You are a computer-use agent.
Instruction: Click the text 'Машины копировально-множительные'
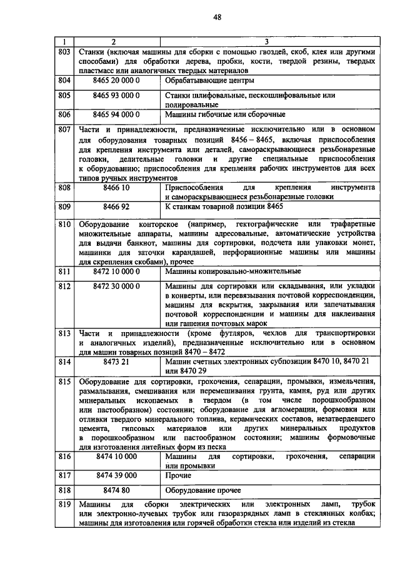click(x=232, y=271)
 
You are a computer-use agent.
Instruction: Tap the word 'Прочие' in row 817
click(x=178, y=475)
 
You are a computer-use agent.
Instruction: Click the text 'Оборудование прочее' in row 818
click(x=203, y=490)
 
